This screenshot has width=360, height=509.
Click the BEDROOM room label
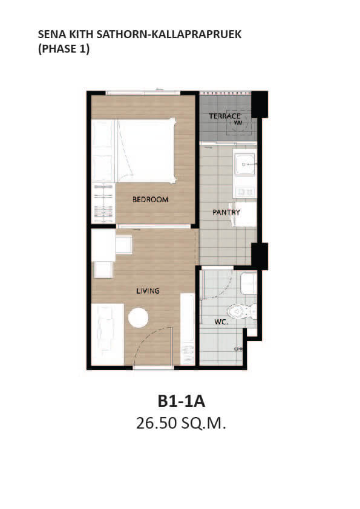click(151, 199)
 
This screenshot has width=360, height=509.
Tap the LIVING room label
click(148, 291)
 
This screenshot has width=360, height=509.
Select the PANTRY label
click(226, 212)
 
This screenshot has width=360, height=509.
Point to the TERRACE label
click(224, 116)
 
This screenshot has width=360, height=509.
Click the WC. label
click(221, 322)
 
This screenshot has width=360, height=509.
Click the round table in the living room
click(138, 317)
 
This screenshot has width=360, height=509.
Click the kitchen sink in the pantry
click(245, 164)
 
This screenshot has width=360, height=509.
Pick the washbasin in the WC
click(249, 284)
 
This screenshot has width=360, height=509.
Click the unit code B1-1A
click(182, 401)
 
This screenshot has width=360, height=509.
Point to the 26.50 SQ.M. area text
click(181, 423)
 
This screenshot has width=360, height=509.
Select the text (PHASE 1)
click(64, 49)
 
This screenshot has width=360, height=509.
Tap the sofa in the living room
click(108, 334)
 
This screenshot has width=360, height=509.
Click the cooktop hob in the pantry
click(245, 192)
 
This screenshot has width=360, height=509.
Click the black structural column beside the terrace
click(260, 104)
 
